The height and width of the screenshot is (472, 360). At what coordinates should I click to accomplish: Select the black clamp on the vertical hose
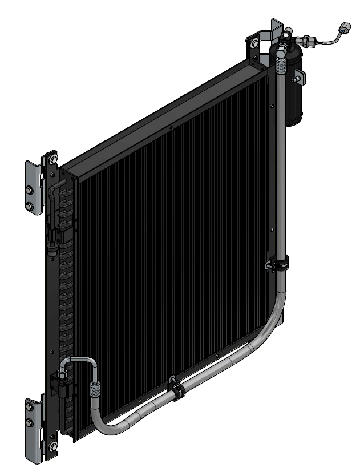coord(278,264)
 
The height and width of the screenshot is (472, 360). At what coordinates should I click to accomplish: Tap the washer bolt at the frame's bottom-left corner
coord(52,446)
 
